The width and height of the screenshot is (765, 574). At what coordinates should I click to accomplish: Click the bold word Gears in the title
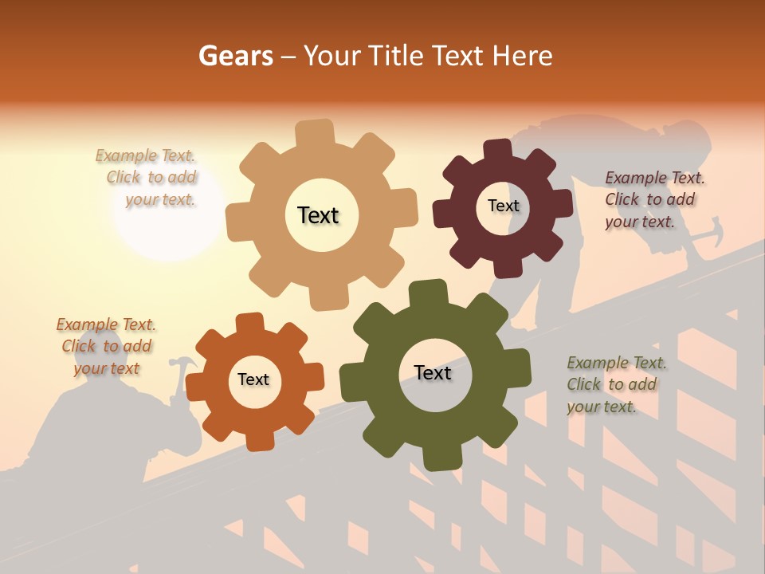click(236, 56)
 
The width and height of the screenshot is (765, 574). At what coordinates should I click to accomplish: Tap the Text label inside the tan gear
click(318, 215)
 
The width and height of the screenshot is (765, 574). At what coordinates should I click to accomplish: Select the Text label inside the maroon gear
click(503, 206)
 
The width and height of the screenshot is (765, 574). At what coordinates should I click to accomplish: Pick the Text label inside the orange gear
click(253, 379)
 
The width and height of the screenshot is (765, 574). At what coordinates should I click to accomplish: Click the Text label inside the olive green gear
click(433, 372)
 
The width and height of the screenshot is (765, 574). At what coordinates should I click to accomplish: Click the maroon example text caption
click(653, 199)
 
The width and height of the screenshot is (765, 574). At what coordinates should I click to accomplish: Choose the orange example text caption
click(106, 346)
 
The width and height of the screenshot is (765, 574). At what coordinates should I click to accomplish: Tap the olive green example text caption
click(615, 384)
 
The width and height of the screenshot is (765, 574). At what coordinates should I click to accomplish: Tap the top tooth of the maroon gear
click(498, 148)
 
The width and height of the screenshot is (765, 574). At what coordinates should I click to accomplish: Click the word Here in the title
click(523, 56)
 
